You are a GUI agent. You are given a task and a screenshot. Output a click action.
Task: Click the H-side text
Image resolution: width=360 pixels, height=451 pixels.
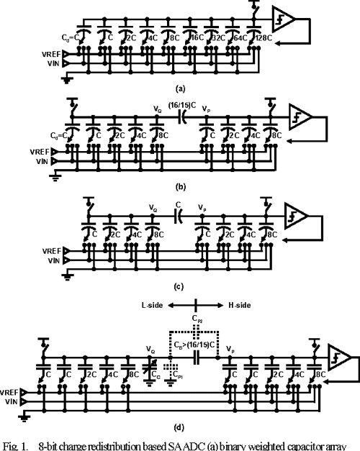click(x=229, y=305)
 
